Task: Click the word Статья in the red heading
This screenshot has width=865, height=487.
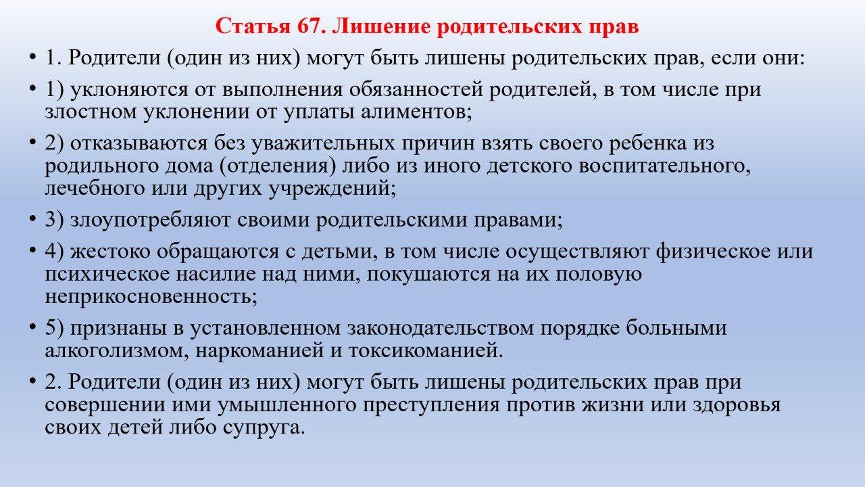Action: (x=253, y=26)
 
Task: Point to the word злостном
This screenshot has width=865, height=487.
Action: (x=91, y=112)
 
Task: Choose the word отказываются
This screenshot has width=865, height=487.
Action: (x=139, y=143)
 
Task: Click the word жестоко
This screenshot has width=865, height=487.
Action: (x=110, y=251)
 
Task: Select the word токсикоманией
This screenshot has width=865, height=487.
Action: (x=423, y=351)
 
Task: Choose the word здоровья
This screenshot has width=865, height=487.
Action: (x=737, y=405)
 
